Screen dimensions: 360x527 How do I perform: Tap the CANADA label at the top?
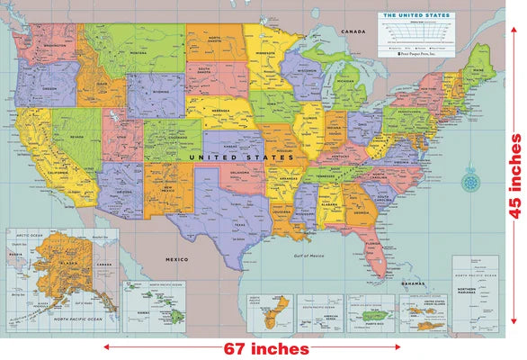(x=353, y=32)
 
